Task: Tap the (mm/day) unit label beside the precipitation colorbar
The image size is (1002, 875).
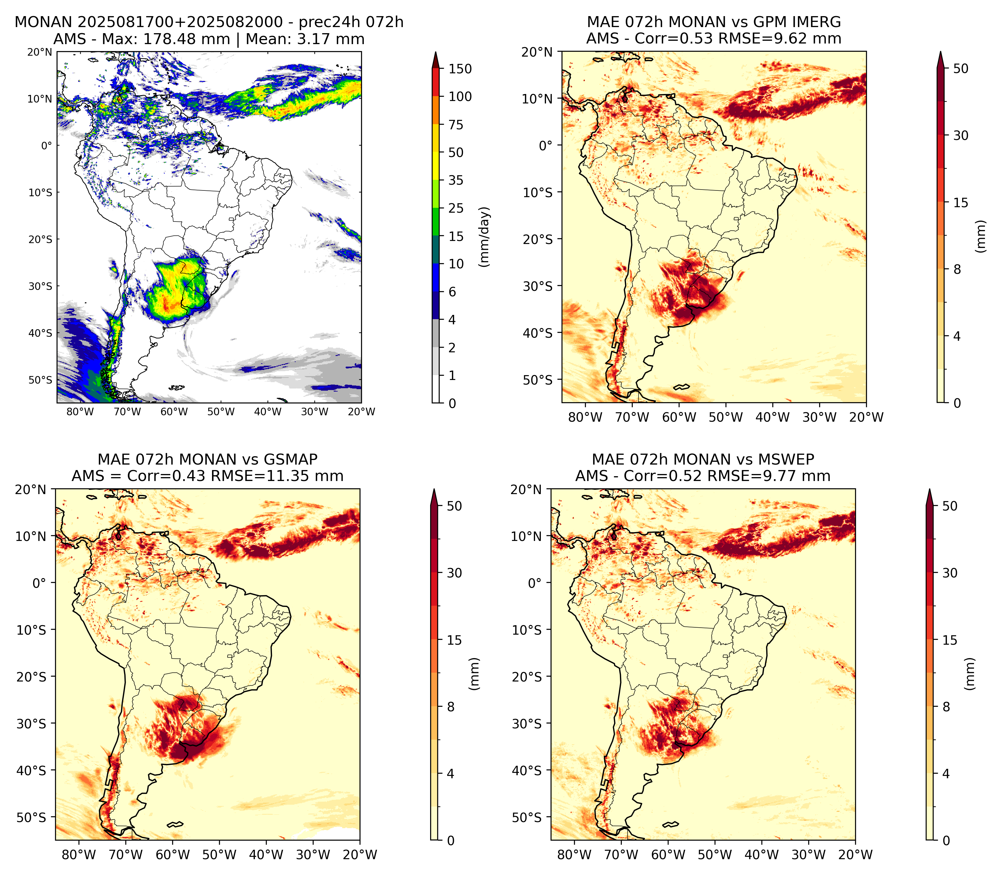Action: coord(484,236)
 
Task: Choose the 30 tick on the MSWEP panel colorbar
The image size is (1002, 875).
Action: coord(950,573)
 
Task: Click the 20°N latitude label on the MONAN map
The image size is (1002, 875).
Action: coord(40,52)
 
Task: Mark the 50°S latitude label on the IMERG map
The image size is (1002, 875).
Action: coord(538,380)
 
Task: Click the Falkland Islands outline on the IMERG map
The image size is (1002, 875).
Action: coord(681,387)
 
